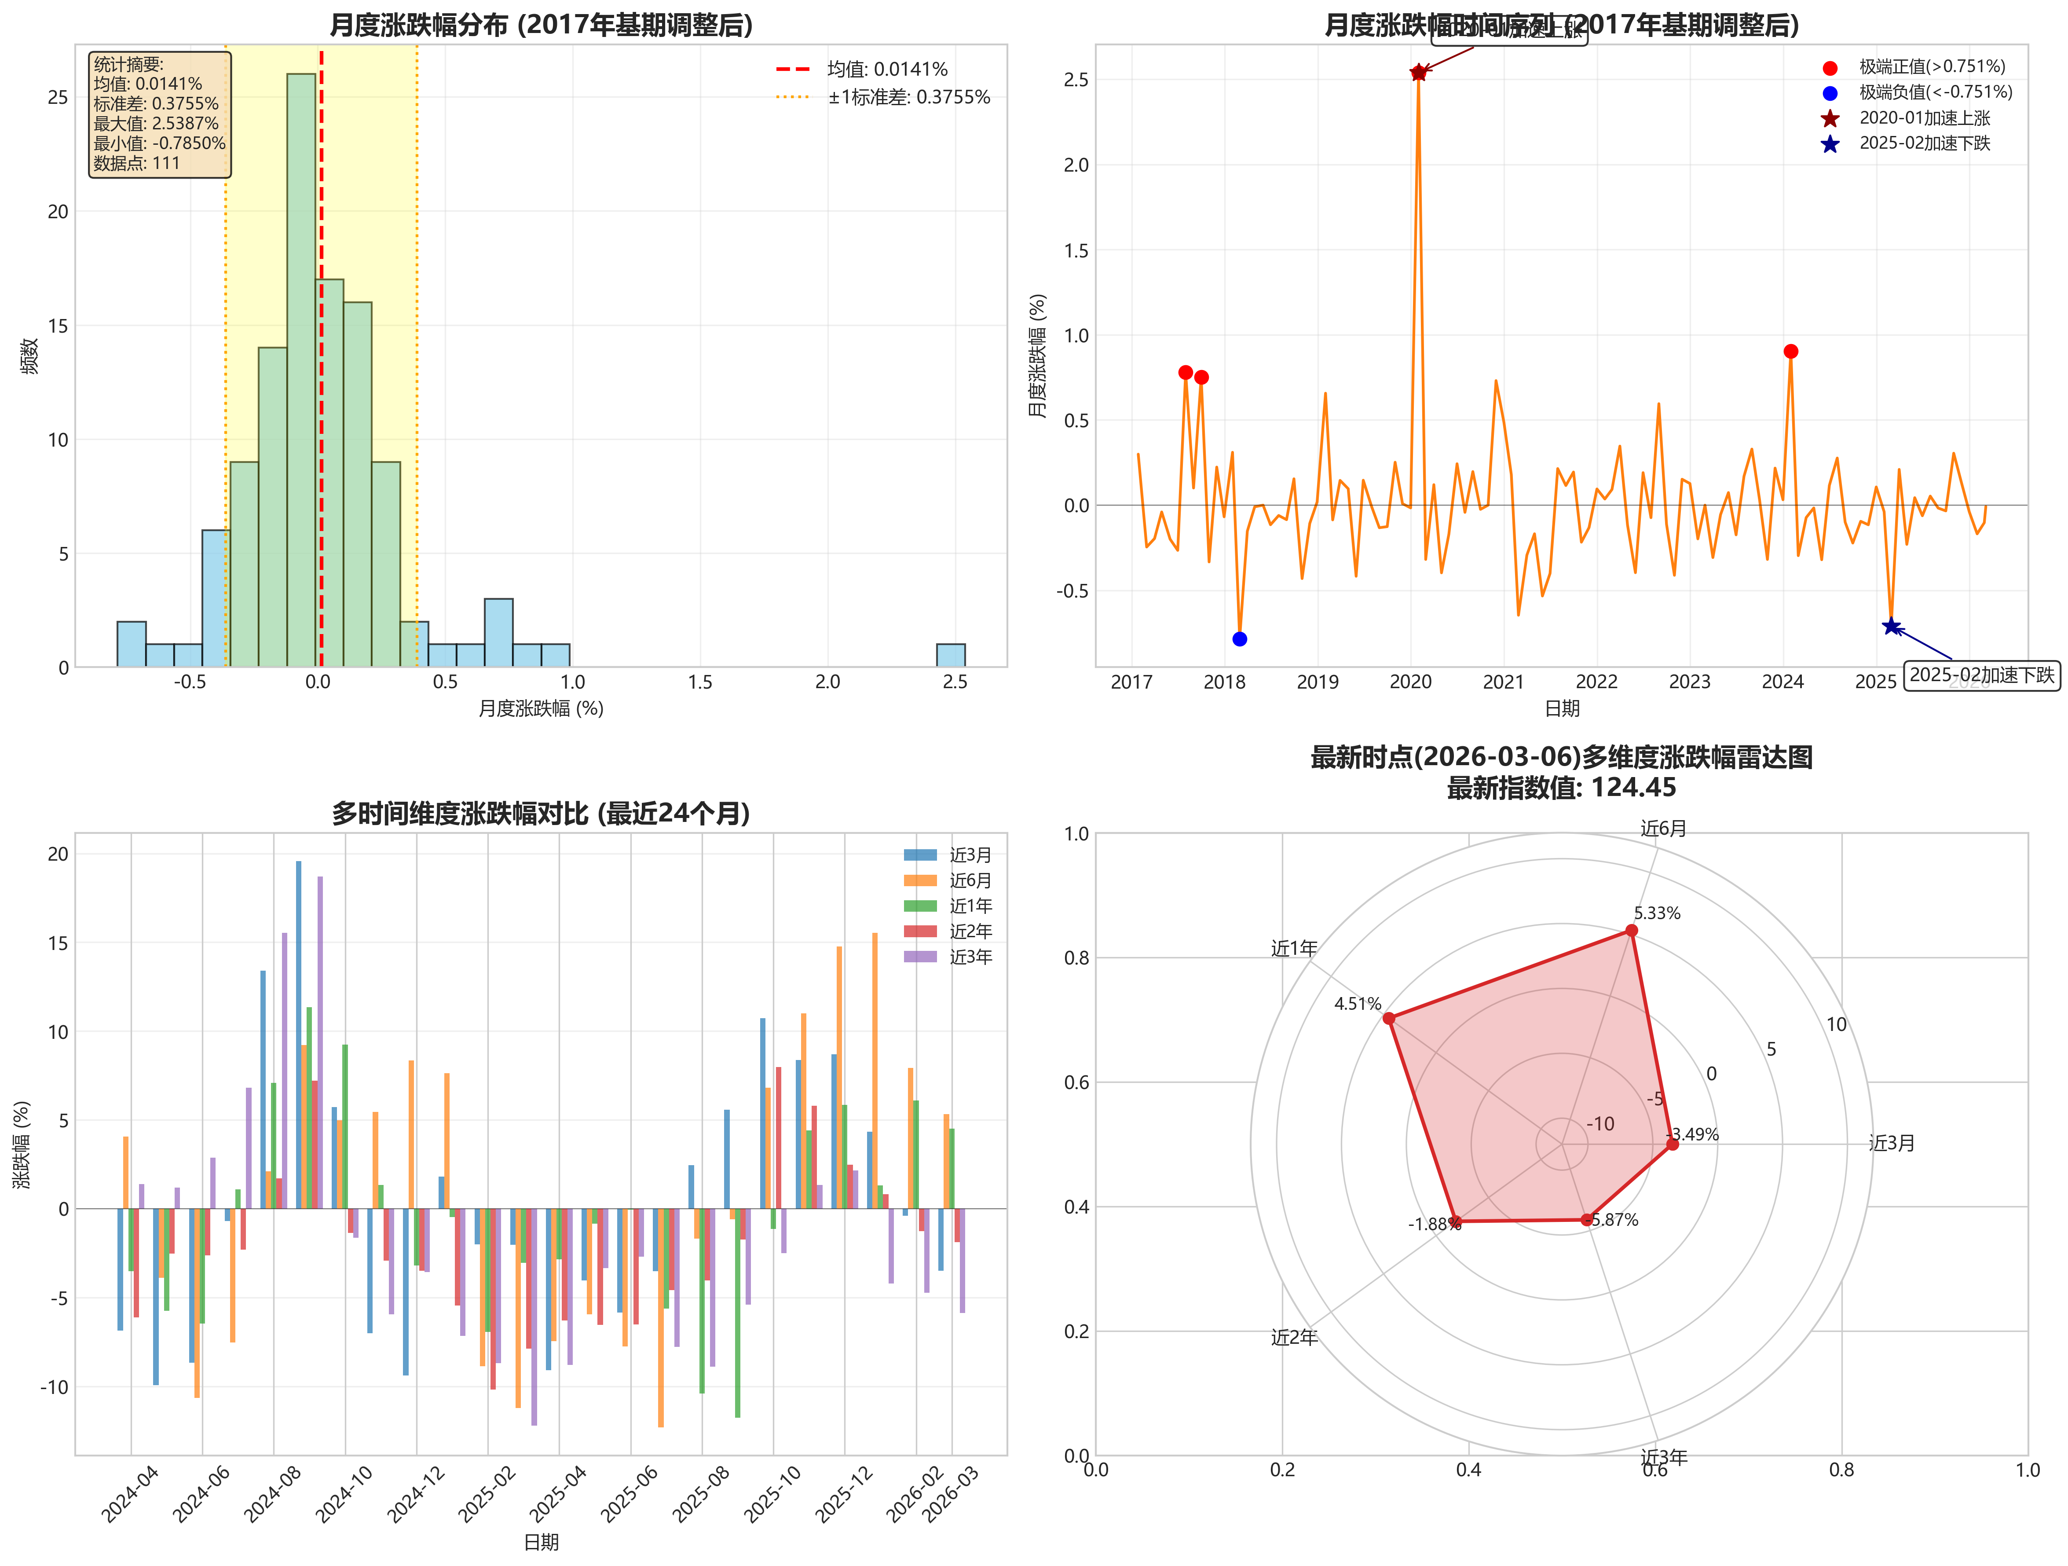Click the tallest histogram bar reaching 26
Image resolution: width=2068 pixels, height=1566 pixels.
coord(301,369)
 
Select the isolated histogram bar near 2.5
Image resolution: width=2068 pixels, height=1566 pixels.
coord(951,655)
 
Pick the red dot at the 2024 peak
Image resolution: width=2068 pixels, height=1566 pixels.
coord(1790,352)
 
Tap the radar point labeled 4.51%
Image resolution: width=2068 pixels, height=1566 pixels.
coord(1389,1018)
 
